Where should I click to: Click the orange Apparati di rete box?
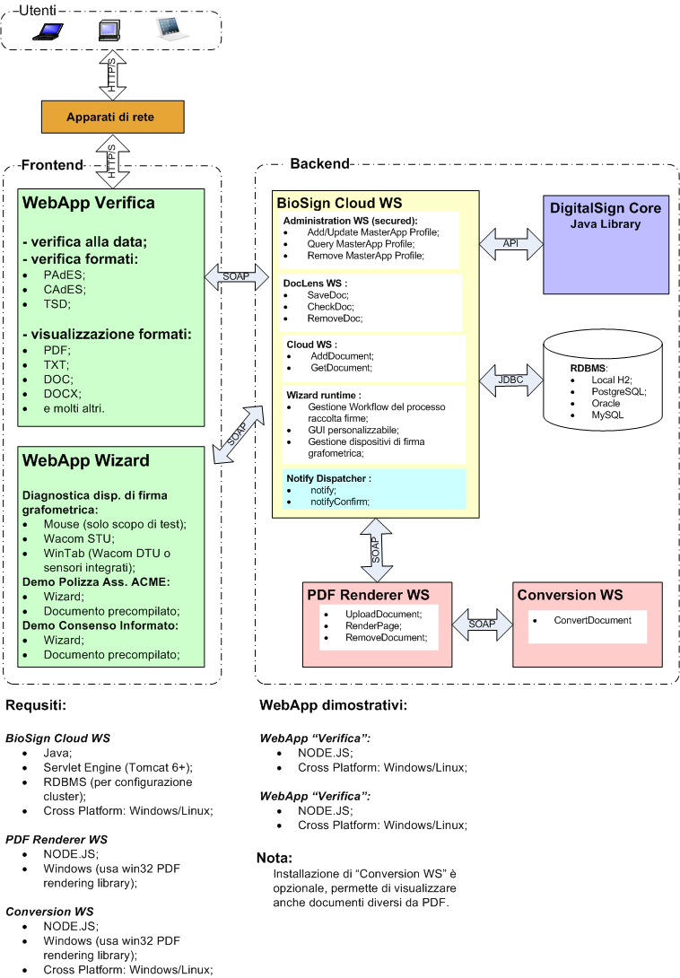tap(112, 118)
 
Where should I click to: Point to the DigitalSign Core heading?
tap(606, 208)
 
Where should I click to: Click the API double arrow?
tap(511, 242)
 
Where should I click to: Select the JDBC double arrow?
tap(511, 379)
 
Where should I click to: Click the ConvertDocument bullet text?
tap(592, 620)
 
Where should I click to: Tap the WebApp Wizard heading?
tap(86, 460)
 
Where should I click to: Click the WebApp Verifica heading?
tap(89, 203)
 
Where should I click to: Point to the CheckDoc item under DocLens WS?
tap(330, 306)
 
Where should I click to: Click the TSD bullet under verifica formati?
tap(56, 305)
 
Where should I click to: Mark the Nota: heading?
tap(275, 857)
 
